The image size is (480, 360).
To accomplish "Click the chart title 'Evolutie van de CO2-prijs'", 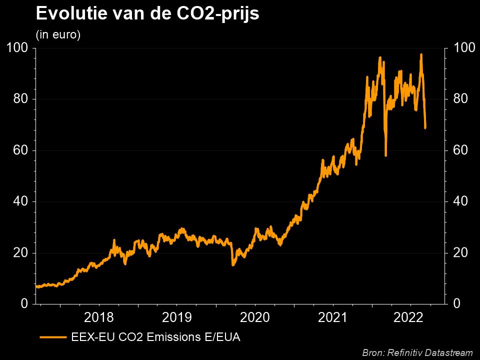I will pyautogui.click(x=147, y=14).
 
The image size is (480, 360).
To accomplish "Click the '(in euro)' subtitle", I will pyautogui.click(x=58, y=35).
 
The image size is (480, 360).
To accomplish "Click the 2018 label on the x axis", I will pyautogui.click(x=99, y=317).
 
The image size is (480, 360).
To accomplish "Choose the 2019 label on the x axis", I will pyautogui.click(x=177, y=317).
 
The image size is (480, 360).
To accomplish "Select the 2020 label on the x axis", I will pyautogui.click(x=255, y=317).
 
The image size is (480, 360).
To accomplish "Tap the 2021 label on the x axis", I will pyautogui.click(x=332, y=317).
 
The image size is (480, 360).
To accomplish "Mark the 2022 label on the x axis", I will pyautogui.click(x=410, y=317).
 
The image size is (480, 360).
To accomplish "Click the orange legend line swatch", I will pyautogui.click(x=53, y=337).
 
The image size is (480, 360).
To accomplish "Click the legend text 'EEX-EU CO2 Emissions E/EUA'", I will pyautogui.click(x=156, y=337).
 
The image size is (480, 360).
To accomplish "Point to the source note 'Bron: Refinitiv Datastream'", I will pyautogui.click(x=417, y=353).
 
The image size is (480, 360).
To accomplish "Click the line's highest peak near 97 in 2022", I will pyautogui.click(x=421, y=54).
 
